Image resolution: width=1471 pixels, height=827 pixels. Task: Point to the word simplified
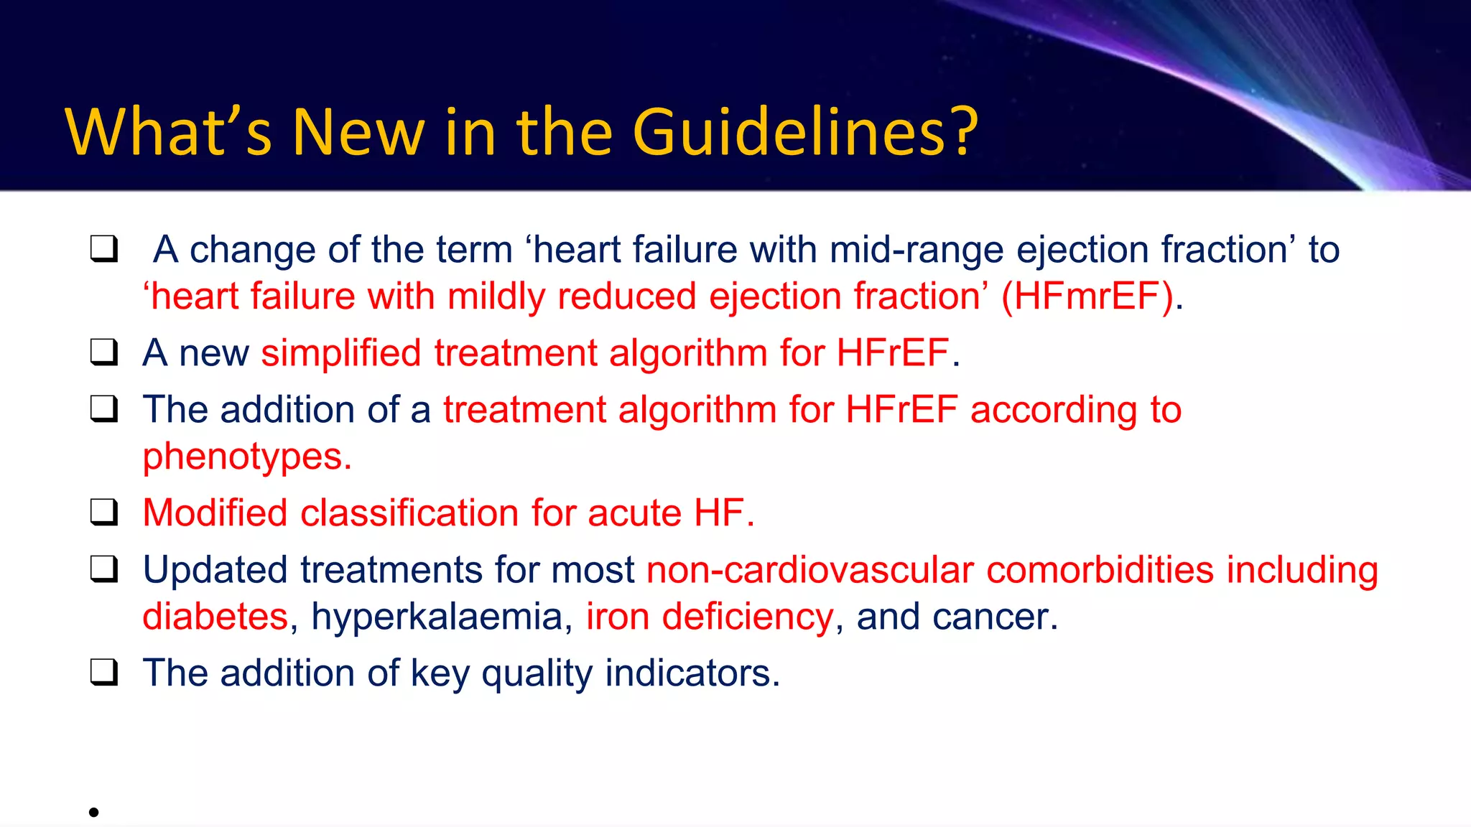point(340,353)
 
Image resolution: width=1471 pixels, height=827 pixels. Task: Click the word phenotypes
point(246,457)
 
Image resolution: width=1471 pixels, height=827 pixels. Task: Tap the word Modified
point(215,513)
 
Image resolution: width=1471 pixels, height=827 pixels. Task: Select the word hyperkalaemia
point(437,617)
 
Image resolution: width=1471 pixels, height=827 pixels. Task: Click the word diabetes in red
point(215,617)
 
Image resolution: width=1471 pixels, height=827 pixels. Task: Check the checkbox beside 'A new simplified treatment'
point(104,352)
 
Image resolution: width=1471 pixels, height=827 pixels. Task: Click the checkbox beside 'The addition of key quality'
point(104,673)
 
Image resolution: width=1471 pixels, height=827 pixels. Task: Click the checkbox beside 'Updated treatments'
point(104,569)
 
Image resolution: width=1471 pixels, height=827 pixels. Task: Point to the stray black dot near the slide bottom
point(93,812)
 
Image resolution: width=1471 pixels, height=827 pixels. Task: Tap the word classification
point(409,513)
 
